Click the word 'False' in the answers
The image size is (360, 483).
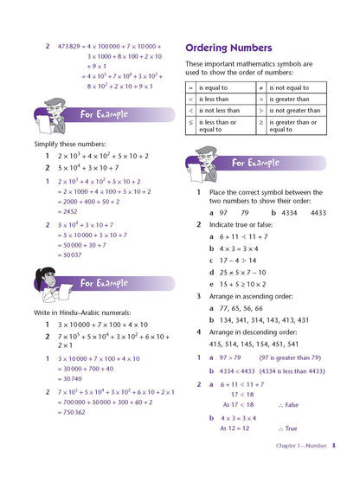point(292,404)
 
